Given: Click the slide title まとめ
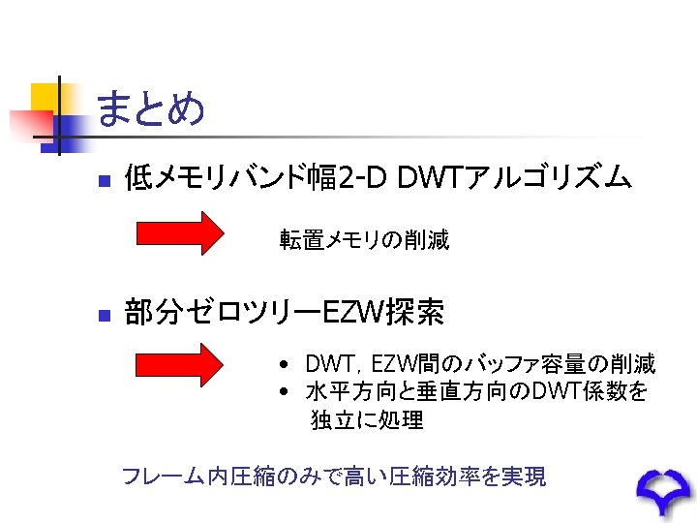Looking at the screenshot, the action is (151, 108).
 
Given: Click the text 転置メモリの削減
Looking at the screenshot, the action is (364, 239).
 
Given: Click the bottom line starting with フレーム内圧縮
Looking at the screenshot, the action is (333, 477).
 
